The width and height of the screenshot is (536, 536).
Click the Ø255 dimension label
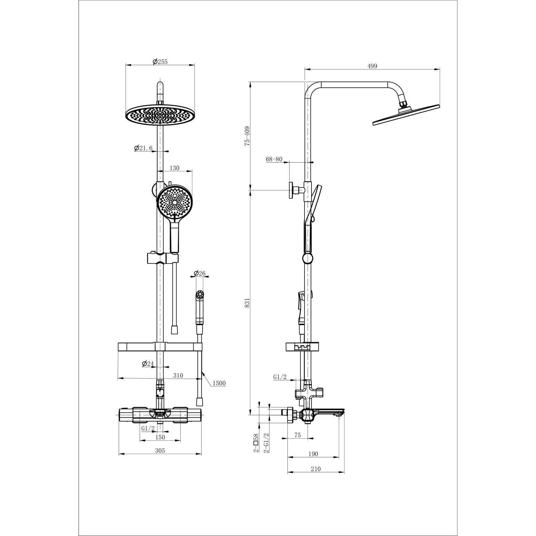(x=160, y=62)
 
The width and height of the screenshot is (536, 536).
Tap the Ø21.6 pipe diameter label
(x=143, y=148)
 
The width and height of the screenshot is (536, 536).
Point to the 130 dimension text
(x=174, y=168)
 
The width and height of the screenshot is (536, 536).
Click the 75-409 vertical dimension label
(x=247, y=136)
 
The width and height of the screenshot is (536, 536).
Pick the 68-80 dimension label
(x=274, y=159)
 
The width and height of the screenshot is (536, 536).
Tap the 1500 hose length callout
(x=219, y=383)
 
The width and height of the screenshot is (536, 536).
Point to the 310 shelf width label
(x=178, y=376)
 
